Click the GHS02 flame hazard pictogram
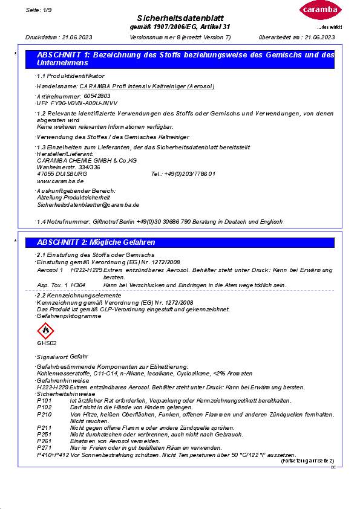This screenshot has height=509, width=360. (x=45, y=331)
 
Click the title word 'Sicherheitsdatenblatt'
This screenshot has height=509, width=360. (x=180, y=18)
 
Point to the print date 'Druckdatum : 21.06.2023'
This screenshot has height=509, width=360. (x=53, y=37)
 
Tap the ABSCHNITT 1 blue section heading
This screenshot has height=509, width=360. (x=185, y=59)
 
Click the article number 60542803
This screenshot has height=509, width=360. (x=97, y=96)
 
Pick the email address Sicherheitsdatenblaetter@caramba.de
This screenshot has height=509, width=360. (x=88, y=205)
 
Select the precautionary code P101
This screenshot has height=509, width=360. (x=44, y=401)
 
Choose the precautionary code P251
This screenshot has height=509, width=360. (x=44, y=434)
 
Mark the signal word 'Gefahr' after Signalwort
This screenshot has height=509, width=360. (x=79, y=357)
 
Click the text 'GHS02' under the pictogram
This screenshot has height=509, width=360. (x=45, y=343)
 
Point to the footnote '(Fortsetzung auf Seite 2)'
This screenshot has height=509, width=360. (x=307, y=461)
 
